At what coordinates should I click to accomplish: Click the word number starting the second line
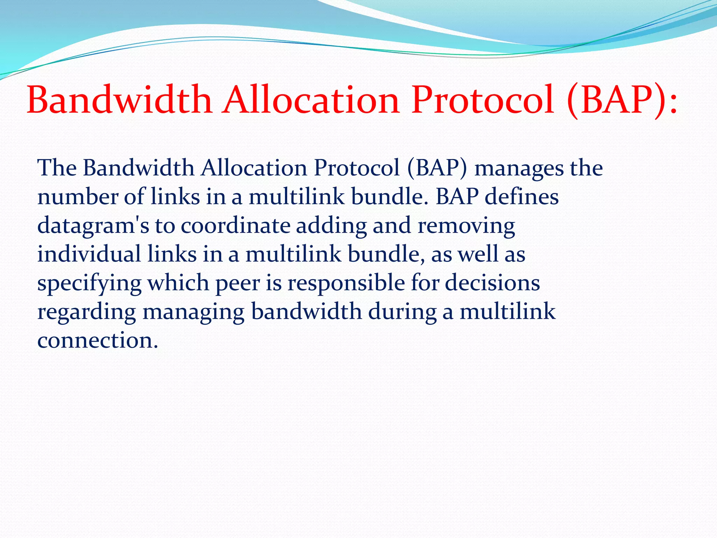[77, 197]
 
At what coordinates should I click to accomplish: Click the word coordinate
[235, 225]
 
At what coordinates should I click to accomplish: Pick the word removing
[466, 226]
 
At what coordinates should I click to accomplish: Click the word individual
[89, 254]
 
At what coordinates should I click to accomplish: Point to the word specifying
[89, 283]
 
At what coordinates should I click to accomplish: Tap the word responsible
[346, 283]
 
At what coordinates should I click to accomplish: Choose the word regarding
[86, 312]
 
